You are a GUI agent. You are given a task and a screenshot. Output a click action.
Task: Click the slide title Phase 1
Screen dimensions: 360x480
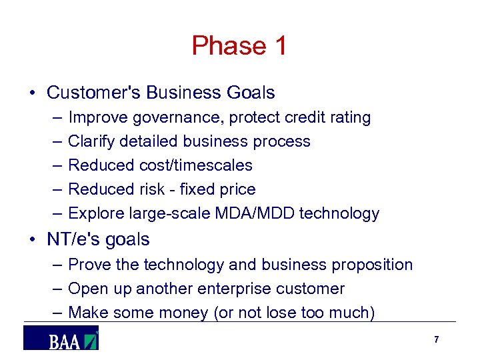(x=239, y=46)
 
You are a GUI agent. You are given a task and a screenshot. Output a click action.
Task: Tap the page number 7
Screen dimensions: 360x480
(x=436, y=340)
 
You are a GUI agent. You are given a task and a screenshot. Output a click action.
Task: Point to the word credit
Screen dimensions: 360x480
(x=306, y=118)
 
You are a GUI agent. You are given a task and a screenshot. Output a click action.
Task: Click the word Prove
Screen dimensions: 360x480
(x=89, y=265)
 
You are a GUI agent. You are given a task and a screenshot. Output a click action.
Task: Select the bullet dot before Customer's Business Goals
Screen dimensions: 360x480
(x=33, y=93)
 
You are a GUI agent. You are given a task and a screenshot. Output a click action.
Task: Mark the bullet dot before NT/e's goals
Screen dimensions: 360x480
(x=33, y=239)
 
